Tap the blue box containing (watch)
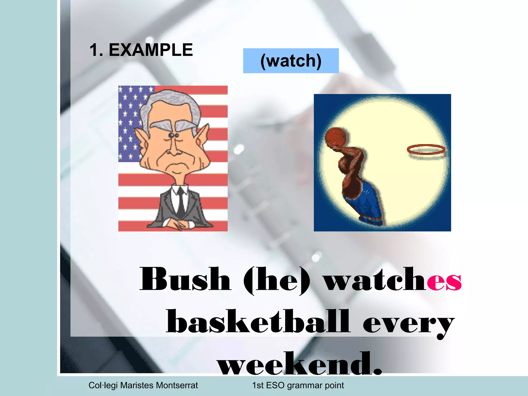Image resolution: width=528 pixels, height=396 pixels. pos(291,61)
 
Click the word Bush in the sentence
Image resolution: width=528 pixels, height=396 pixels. pos(185,280)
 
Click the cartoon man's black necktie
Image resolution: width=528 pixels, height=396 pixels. pos(181,204)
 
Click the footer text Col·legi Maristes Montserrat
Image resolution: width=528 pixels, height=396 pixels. pos(143,385)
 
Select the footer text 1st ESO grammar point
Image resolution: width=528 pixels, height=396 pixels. pos(298,385)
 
